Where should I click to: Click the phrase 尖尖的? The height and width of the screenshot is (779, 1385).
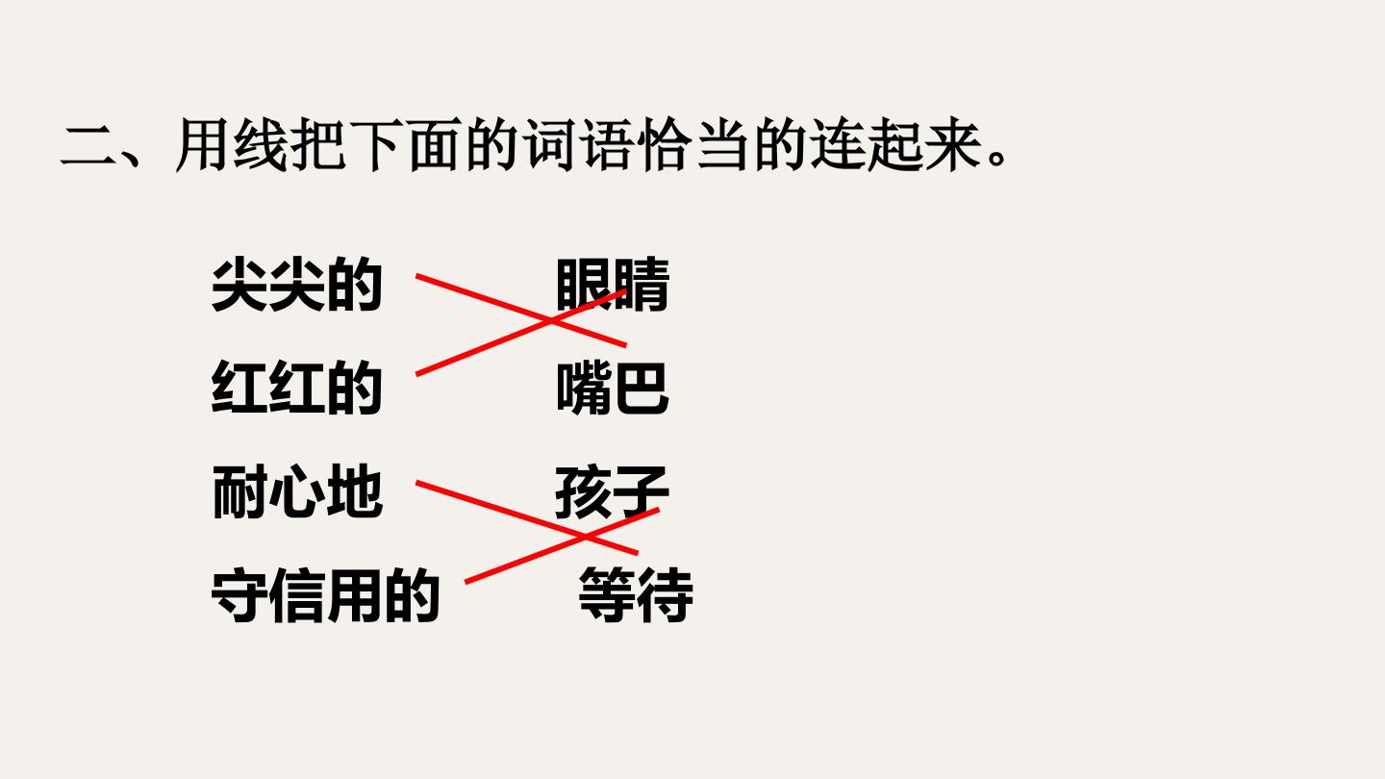pos(297,285)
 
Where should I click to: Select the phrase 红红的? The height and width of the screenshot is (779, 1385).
pos(297,388)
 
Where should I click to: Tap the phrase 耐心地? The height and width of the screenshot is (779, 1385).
pos(297,491)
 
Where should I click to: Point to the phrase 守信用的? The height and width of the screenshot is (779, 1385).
pos(325,594)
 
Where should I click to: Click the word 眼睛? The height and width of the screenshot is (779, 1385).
pos(613,285)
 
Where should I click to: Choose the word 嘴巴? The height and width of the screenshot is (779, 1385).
pos(613,388)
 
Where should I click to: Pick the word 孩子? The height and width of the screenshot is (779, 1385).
pos(612,491)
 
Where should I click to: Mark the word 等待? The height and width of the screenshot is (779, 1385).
pos(636,594)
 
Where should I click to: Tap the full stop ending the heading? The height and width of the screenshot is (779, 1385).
pos(997,157)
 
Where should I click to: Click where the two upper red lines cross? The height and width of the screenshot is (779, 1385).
pos(551,321)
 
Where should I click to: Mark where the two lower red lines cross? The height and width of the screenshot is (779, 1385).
pos(584,537)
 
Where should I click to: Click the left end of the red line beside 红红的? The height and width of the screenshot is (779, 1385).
pos(417,374)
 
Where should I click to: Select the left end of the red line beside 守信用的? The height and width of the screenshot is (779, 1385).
pos(466,582)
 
